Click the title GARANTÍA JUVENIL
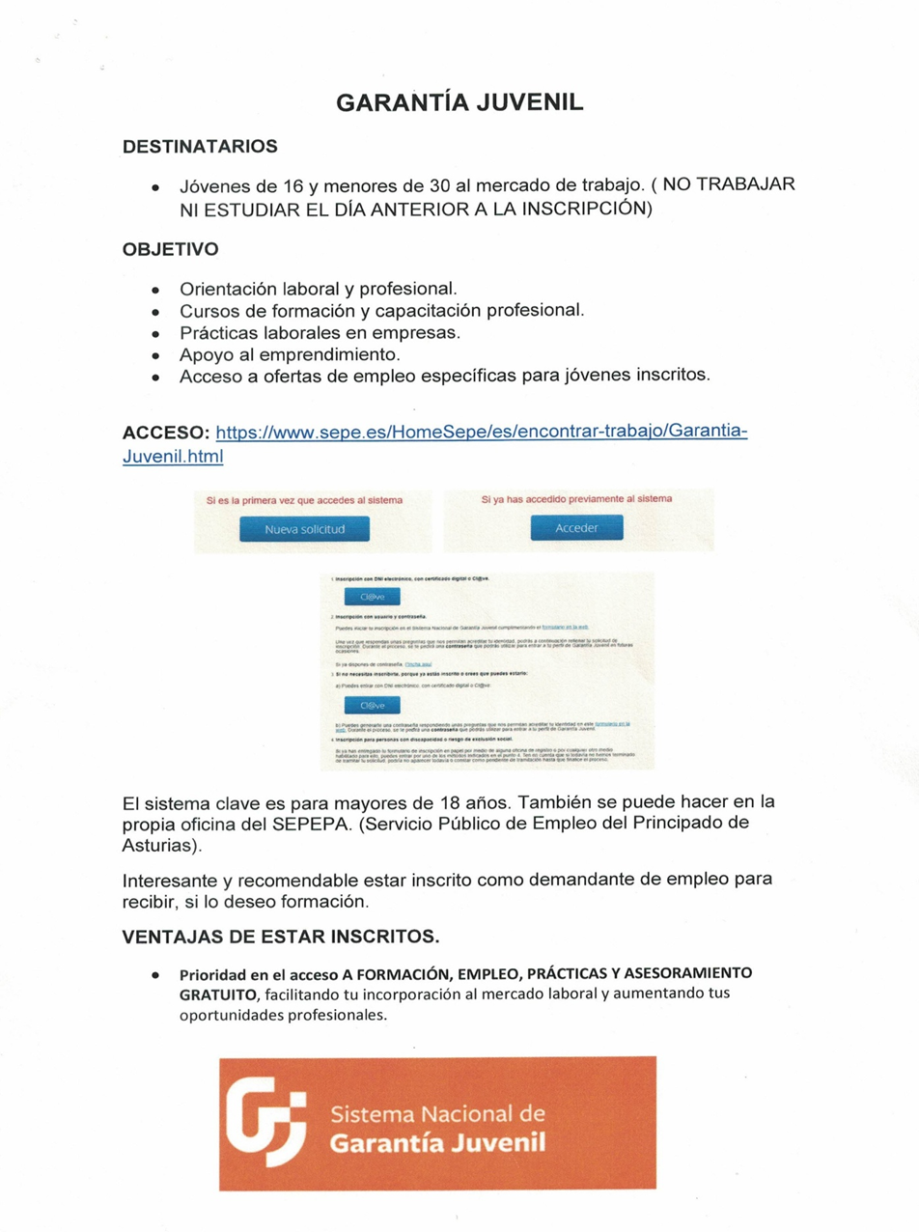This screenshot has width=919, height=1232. (x=459, y=103)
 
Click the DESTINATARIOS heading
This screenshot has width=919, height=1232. (x=200, y=147)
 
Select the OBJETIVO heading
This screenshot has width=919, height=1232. (x=170, y=249)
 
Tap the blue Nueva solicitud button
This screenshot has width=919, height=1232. (x=304, y=529)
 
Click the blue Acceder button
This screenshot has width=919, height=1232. (x=577, y=528)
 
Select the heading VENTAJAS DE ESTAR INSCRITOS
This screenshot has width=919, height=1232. (x=281, y=938)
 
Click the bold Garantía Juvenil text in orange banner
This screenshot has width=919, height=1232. (x=437, y=1144)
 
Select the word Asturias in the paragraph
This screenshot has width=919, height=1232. (x=159, y=846)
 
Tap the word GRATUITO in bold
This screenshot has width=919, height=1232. (x=218, y=994)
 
